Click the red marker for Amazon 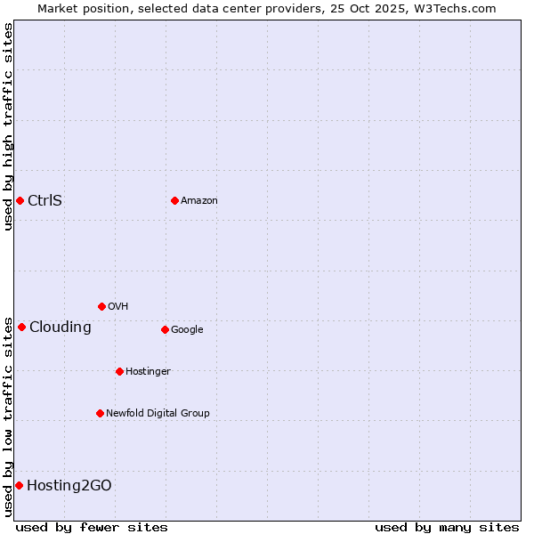coord(174,200)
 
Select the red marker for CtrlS coord(20,200)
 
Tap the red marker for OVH coord(101,306)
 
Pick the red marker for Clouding coord(21,327)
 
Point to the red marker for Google coord(165,329)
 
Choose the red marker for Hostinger coord(119,371)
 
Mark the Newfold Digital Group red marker coord(100,413)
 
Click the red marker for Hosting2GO coord(19,485)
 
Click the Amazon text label coord(199,201)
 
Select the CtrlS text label coord(44,200)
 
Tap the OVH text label coord(118,307)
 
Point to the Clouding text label coord(61,328)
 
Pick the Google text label coord(187,330)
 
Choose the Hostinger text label coord(148,372)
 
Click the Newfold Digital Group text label coord(158,414)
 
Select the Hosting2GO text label coord(69,486)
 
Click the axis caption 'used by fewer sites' coord(92,527)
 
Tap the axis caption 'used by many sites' coord(447,527)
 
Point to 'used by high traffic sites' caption coord(8,126)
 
